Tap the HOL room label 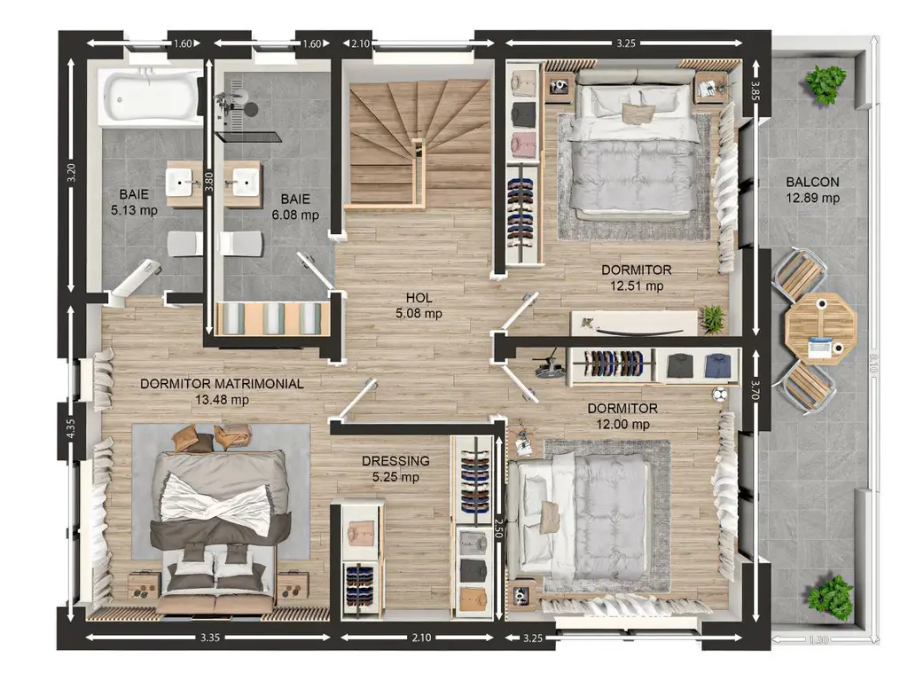pyautogui.click(x=419, y=298)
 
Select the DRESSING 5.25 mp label pyautogui.click(x=395, y=469)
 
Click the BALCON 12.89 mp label pyautogui.click(x=812, y=190)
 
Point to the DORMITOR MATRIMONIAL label pyautogui.click(x=222, y=383)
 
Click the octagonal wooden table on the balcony pyautogui.click(x=820, y=329)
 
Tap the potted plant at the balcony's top pyautogui.click(x=827, y=83)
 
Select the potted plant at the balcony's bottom pyautogui.click(x=831, y=599)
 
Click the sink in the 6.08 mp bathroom pyautogui.click(x=243, y=183)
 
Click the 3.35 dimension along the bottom pyautogui.click(x=209, y=638)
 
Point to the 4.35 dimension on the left pyautogui.click(x=71, y=428)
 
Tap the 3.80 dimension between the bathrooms pyautogui.click(x=209, y=182)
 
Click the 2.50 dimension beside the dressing pyautogui.click(x=498, y=528)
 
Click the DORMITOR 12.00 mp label pyautogui.click(x=622, y=416)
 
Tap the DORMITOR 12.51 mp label pyautogui.click(x=637, y=278)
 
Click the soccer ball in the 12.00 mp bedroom pyautogui.click(x=720, y=395)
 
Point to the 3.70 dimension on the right pyautogui.click(x=755, y=390)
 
